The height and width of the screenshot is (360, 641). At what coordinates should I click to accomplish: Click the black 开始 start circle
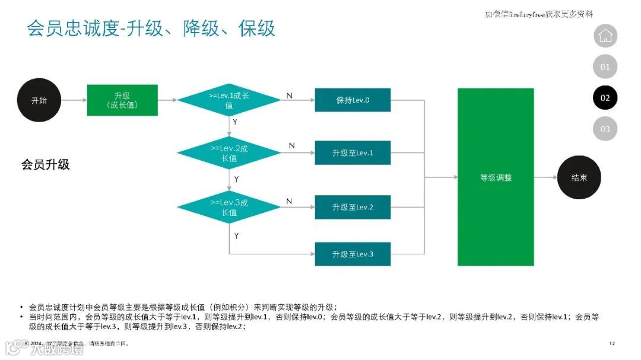pos(39,101)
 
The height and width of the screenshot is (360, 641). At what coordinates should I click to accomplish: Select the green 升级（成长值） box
pos(122,100)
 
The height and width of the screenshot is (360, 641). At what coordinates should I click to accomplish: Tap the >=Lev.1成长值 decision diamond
pos(229,100)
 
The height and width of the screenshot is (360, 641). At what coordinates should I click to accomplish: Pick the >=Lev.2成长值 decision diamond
pos(229,154)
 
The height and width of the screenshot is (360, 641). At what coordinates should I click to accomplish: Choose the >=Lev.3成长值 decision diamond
pos(229,207)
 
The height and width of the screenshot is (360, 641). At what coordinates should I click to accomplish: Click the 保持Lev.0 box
pos(353,100)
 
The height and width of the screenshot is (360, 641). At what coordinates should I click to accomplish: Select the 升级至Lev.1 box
pos(353,154)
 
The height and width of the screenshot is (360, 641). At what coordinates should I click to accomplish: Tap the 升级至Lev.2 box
pos(353,207)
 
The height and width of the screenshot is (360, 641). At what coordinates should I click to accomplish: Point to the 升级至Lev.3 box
pos(353,254)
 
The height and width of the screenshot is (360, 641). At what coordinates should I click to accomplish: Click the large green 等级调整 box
pos(496,177)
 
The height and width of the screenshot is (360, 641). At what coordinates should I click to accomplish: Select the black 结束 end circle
pos(579,177)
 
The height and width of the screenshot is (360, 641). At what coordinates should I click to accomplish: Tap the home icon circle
pos(605,36)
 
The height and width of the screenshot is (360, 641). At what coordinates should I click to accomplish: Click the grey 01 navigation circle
pos(605,67)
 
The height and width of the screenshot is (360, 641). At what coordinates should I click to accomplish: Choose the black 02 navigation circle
pos(605,98)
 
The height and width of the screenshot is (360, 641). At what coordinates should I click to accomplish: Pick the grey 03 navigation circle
pos(605,129)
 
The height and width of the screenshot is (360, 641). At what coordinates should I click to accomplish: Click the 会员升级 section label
pos(46,165)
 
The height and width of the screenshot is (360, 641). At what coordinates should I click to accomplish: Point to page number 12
pos(613,343)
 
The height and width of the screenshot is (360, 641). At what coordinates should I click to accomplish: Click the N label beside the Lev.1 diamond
pos(289,95)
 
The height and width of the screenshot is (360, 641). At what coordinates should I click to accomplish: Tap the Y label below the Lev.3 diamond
pos(236,235)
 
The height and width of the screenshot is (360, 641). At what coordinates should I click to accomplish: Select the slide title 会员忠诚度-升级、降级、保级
pos(151,28)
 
